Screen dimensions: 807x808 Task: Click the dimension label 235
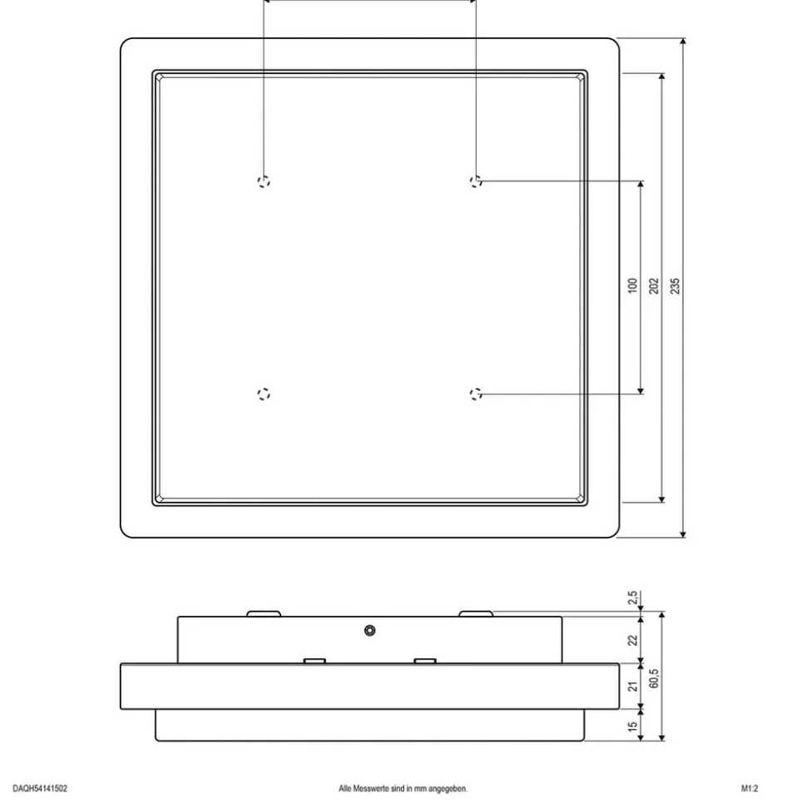(x=675, y=286)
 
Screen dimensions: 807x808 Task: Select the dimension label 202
(x=653, y=286)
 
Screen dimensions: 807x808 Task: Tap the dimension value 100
(x=632, y=286)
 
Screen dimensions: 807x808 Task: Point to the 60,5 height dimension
(x=653, y=678)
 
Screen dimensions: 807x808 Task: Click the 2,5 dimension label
(x=632, y=597)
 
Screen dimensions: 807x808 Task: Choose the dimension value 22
(x=632, y=640)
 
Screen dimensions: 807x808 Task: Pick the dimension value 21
(x=632, y=687)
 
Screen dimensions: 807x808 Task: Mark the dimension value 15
(x=632, y=726)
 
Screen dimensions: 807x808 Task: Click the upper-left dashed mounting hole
(x=264, y=181)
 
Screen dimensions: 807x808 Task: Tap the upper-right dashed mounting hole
(x=476, y=181)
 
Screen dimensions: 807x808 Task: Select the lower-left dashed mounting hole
(x=264, y=394)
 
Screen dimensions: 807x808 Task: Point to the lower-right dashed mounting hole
(x=476, y=394)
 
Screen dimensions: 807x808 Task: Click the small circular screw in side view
(x=369, y=630)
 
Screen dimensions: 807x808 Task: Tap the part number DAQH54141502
(x=40, y=788)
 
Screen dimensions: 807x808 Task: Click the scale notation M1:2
(x=750, y=788)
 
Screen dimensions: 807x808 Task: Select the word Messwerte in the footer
(x=370, y=788)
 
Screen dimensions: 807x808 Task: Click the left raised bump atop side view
(x=264, y=614)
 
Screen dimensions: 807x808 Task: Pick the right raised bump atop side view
(x=476, y=614)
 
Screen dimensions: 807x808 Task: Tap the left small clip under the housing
(x=314, y=661)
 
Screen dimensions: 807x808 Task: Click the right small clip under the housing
(x=425, y=661)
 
